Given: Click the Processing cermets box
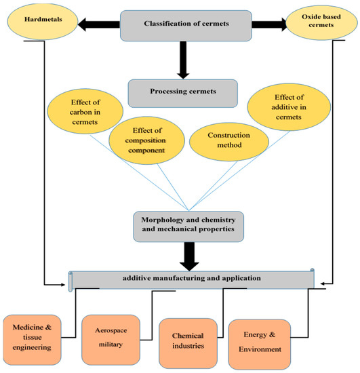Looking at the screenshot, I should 183,91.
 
